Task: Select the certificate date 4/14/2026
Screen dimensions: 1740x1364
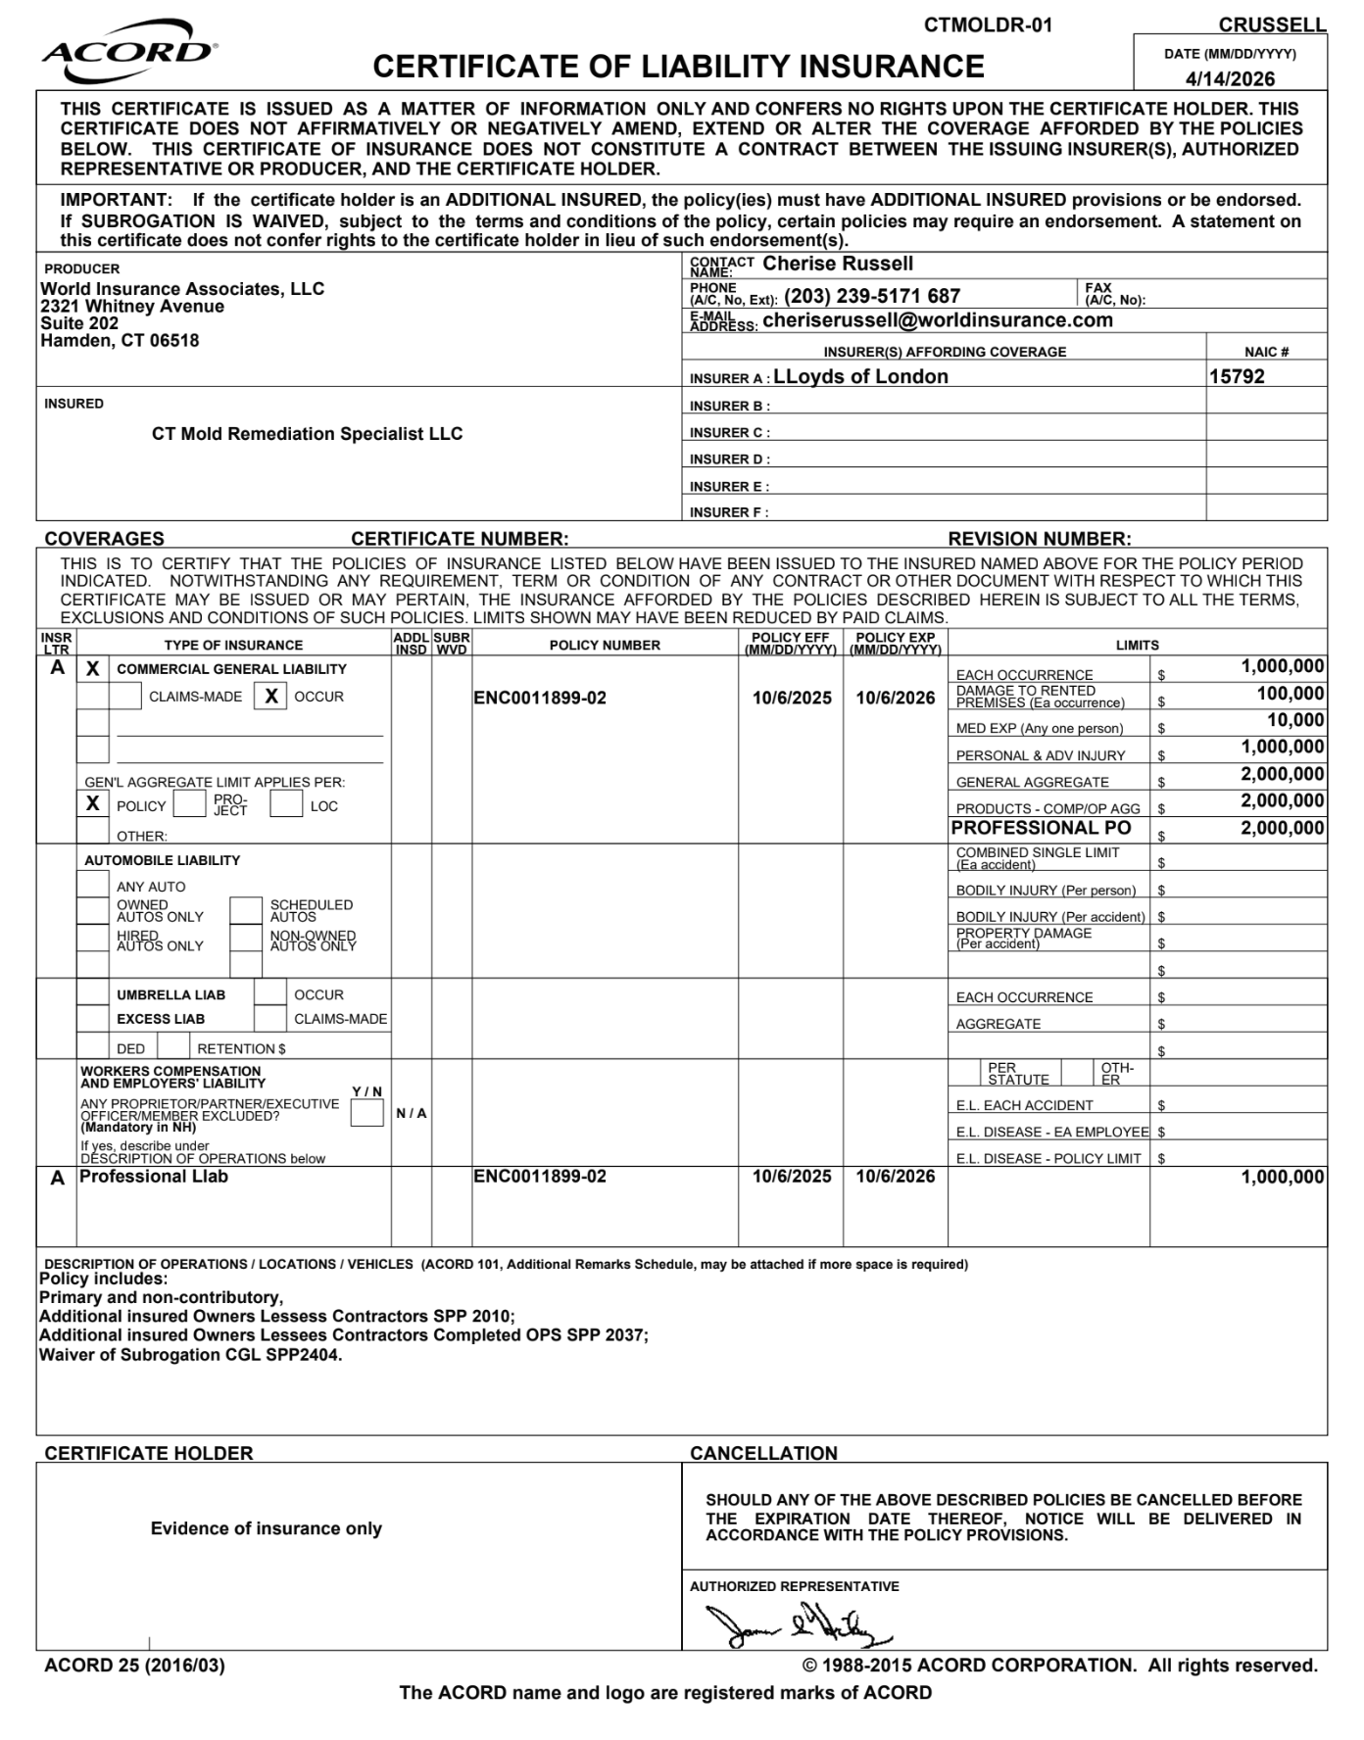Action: coord(1230,79)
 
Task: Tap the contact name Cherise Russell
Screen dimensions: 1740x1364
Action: coord(838,264)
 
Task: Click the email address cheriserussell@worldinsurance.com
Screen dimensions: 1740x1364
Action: coord(938,320)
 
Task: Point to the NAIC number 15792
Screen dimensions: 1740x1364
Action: coord(1237,377)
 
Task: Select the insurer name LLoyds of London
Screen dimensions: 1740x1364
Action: coord(860,377)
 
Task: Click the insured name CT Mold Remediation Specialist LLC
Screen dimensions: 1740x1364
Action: coord(307,434)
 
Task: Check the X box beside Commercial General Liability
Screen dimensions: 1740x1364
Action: coord(93,669)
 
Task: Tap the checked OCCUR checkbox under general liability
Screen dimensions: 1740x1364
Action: coord(271,697)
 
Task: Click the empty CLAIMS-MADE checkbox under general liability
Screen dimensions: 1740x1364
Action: coord(125,697)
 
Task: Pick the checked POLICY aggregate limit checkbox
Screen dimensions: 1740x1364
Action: coord(93,804)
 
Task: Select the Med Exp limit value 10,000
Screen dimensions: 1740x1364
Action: coord(1294,721)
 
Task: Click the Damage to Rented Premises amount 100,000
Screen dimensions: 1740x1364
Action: coord(1290,695)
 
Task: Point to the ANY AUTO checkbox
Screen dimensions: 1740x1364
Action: coord(93,885)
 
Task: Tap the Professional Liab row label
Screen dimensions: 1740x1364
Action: coord(153,1177)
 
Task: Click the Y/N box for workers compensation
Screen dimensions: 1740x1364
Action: coord(366,1113)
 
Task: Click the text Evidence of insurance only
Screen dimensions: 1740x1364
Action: coord(266,1528)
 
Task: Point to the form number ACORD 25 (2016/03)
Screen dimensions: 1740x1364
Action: coord(134,1666)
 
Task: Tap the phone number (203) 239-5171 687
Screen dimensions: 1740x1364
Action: coord(871,296)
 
